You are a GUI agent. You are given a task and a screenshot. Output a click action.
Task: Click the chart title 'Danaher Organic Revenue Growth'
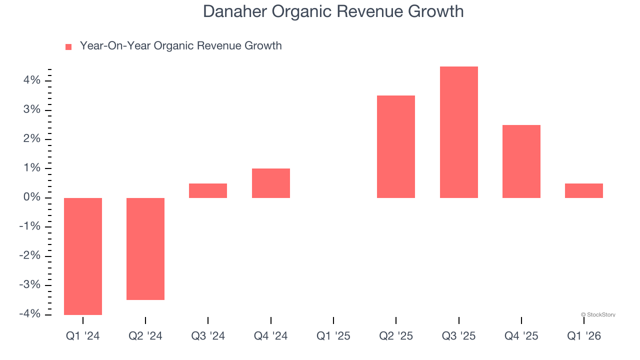pos(333,11)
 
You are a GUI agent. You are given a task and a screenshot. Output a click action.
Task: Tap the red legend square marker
pos(68,46)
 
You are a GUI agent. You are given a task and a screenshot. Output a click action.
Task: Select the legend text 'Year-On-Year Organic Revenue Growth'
pos(180,46)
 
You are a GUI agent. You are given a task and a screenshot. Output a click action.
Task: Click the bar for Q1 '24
pos(83,256)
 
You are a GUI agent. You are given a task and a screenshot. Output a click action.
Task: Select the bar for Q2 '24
pos(145,248)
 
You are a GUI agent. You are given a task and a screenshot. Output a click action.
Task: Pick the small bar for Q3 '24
pos(208,190)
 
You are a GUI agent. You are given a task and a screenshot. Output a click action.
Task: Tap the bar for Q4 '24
pos(270,183)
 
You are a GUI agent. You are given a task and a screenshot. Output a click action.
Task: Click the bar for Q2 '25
pos(396,146)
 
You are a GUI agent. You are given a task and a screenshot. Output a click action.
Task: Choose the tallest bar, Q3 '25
pos(458,132)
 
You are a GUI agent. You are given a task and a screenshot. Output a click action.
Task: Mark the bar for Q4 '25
pos(521,161)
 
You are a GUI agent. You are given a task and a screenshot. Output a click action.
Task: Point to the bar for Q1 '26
pos(583,190)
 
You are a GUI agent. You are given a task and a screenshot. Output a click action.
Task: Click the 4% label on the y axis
pos(31,80)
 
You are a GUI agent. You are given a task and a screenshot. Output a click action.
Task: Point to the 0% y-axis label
pos(31,197)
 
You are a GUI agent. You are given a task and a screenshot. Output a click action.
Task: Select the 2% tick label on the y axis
pos(31,139)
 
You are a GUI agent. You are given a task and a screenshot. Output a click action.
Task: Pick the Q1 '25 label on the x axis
pos(333,336)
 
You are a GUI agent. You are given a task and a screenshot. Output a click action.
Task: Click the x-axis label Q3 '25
pos(458,336)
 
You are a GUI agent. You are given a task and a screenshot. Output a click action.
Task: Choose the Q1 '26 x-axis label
pos(583,336)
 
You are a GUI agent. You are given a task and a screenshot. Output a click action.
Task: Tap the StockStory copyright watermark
pos(598,314)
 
